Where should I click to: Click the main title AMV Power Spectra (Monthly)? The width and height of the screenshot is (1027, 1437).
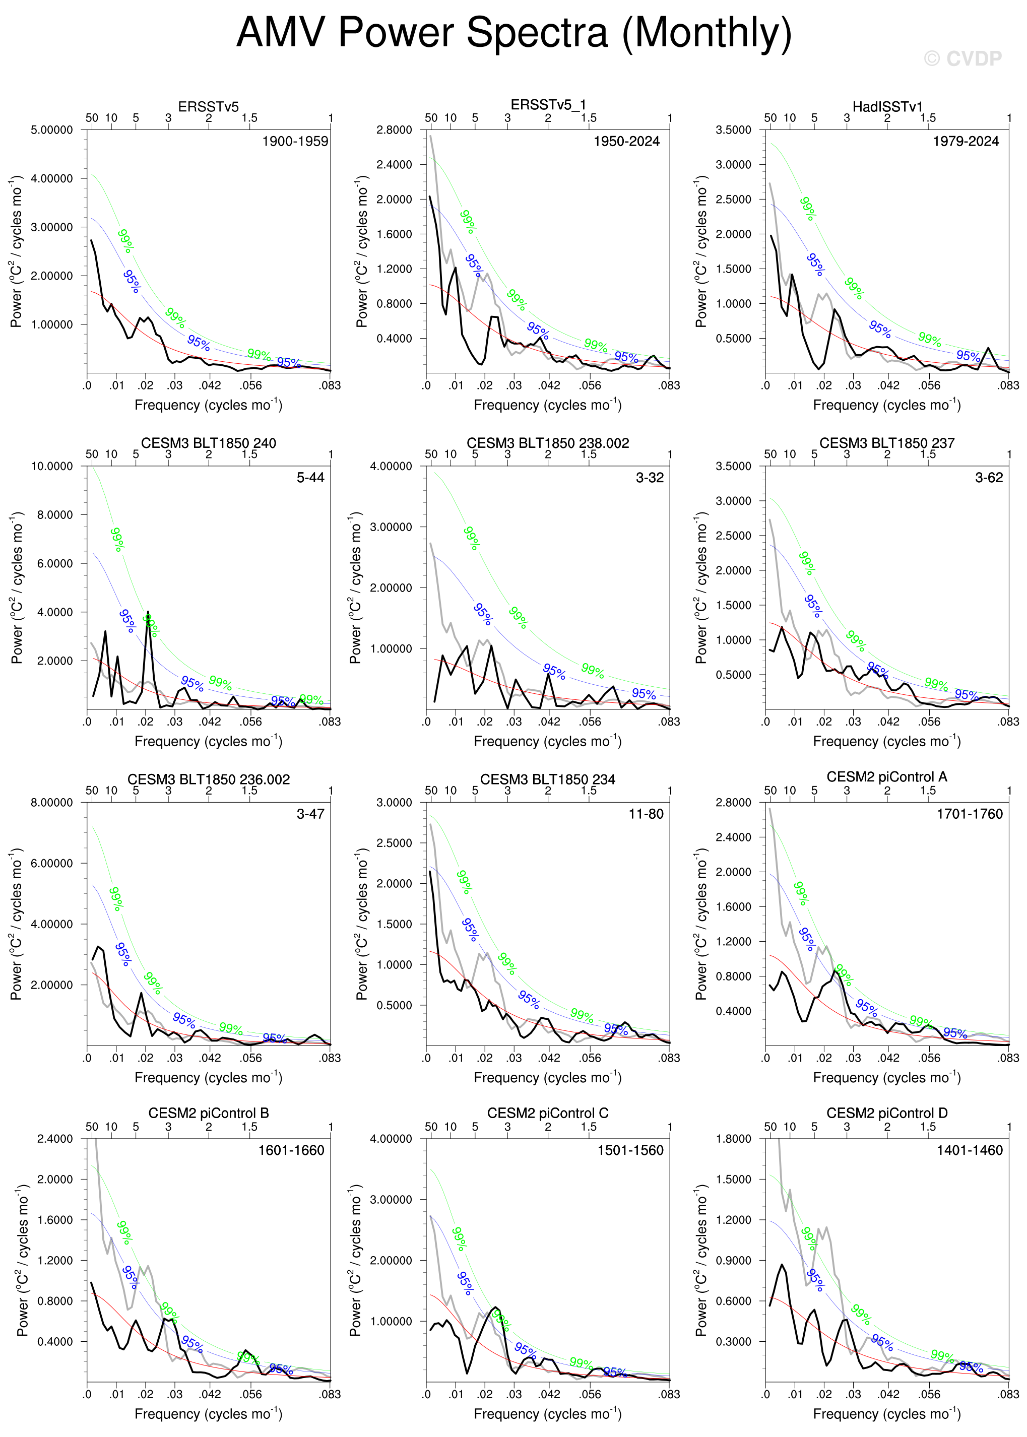(513, 32)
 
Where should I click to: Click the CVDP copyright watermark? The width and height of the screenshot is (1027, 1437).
(962, 59)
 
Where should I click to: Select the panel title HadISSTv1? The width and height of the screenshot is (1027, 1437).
(887, 107)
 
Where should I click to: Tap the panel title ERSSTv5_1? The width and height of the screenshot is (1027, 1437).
(548, 105)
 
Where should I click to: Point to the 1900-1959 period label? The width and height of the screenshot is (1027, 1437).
(295, 141)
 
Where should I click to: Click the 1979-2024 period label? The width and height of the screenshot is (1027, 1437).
(966, 141)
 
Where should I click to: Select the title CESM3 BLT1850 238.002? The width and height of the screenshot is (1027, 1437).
(548, 443)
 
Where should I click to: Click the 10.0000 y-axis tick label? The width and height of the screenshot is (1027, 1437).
(52, 467)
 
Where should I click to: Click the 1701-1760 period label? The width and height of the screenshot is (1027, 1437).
(970, 814)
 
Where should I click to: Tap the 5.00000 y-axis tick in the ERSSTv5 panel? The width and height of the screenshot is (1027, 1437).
(52, 130)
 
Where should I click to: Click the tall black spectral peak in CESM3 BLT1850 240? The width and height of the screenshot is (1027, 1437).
(148, 613)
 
